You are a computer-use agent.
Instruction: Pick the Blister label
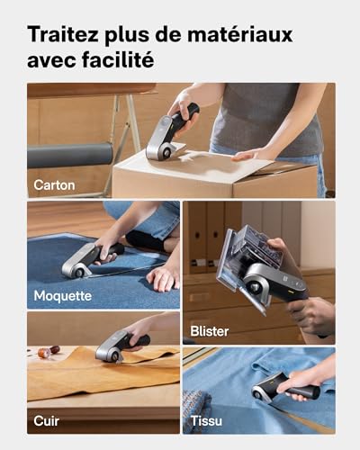210,331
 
